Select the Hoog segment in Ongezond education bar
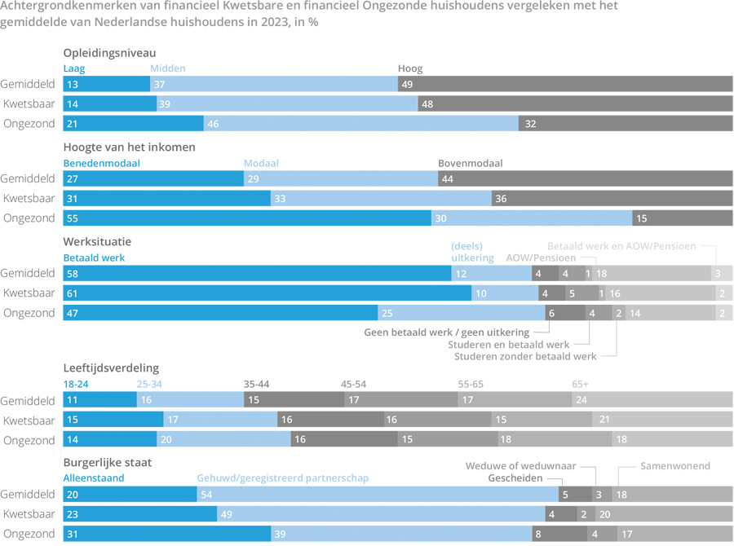click(626, 123)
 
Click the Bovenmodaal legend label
click(470, 163)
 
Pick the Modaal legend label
click(261, 163)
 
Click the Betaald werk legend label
click(94, 258)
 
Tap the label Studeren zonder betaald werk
click(524, 356)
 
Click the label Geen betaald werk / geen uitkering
click(446, 332)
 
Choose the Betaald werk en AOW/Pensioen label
click(621, 244)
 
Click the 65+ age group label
click(580, 383)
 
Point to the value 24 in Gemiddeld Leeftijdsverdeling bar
click(581, 400)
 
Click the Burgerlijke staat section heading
click(107, 462)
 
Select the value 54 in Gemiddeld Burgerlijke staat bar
click(208, 495)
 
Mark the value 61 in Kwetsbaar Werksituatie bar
click(72, 293)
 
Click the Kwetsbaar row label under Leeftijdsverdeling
click(29, 420)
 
